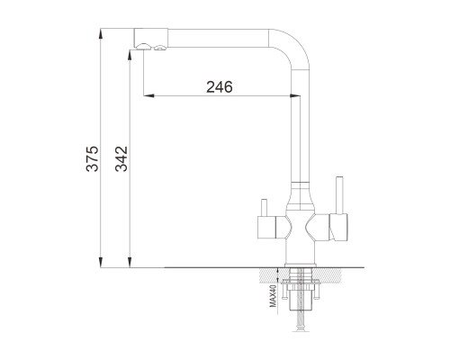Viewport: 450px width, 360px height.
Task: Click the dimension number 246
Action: click(x=220, y=87)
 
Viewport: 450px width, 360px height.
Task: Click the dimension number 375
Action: click(x=92, y=158)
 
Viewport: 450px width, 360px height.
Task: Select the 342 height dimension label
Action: click(x=121, y=158)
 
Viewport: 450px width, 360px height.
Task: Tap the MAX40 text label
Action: click(x=273, y=296)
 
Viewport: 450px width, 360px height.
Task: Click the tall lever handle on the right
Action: click(x=339, y=195)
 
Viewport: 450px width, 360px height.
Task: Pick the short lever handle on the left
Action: click(x=264, y=207)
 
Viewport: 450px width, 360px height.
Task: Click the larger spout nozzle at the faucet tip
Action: click(x=143, y=46)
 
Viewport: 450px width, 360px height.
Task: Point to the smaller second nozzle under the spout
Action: click(x=160, y=48)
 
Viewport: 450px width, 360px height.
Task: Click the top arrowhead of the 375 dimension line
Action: click(x=101, y=33)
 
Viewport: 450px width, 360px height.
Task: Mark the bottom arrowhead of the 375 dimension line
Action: click(x=101, y=262)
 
